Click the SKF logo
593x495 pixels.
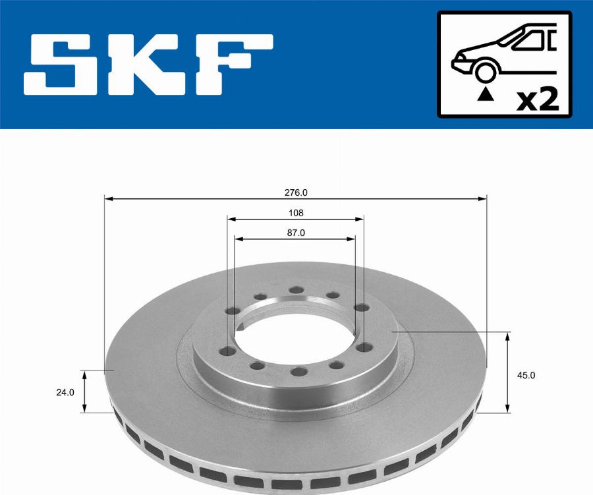[x=148, y=64]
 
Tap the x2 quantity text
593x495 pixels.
[x=538, y=100]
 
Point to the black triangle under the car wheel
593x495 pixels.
[x=485, y=95]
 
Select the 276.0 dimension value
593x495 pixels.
[x=295, y=193]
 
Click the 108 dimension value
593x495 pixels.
[x=295, y=213]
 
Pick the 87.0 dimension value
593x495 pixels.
[x=295, y=233]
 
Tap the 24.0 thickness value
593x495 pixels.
[x=65, y=392]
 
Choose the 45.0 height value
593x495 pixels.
[x=527, y=375]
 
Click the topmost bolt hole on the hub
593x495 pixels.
[x=296, y=290]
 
